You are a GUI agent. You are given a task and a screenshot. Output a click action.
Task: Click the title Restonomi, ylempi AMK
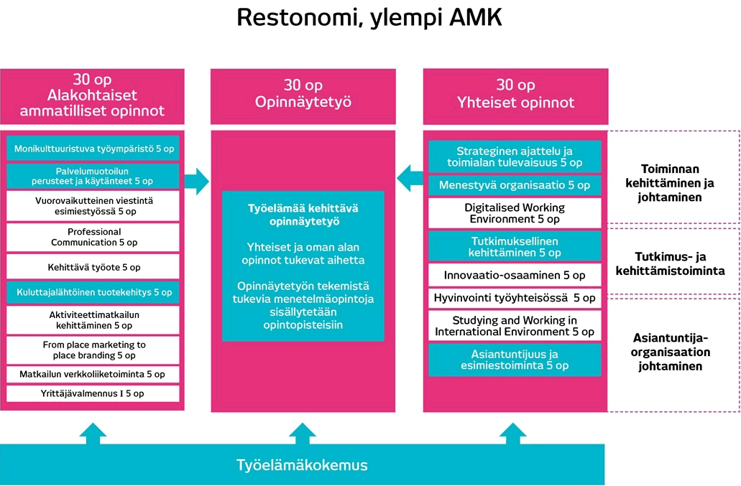coord(369,19)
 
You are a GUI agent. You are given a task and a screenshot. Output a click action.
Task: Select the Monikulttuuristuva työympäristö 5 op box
coord(93,149)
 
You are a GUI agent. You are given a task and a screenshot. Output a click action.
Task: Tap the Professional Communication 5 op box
coord(93,237)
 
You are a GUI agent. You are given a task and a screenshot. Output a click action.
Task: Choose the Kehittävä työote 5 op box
coord(93,267)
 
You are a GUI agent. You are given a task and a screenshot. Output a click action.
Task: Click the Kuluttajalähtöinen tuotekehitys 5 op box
coord(93,292)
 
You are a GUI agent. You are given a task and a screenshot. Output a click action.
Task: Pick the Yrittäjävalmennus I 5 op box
coord(93,393)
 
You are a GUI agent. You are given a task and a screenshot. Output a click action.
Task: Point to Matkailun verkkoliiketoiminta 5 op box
coord(93,374)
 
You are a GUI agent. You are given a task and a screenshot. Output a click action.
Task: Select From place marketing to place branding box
coord(93,350)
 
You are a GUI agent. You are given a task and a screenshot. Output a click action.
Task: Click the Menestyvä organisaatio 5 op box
coord(515,185)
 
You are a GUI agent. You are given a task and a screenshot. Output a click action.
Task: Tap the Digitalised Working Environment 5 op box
coord(515,212)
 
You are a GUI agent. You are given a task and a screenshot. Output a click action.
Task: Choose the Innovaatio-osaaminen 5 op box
coord(515,275)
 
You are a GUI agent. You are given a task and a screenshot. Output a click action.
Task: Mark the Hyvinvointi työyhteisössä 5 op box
coord(515,297)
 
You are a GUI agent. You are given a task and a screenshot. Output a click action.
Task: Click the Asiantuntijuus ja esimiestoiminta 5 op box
coord(515,360)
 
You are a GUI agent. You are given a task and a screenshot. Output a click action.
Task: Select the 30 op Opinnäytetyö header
coord(303,94)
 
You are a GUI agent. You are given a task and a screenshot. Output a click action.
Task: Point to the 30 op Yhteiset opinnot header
coord(515,94)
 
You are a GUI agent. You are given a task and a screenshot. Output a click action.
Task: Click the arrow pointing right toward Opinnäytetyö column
coord(195,181)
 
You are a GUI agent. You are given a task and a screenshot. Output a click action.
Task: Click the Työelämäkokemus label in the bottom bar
coord(302,465)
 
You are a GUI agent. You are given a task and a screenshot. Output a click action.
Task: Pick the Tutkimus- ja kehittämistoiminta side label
coord(669,263)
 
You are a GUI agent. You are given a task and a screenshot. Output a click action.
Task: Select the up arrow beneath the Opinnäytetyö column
coord(303,433)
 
